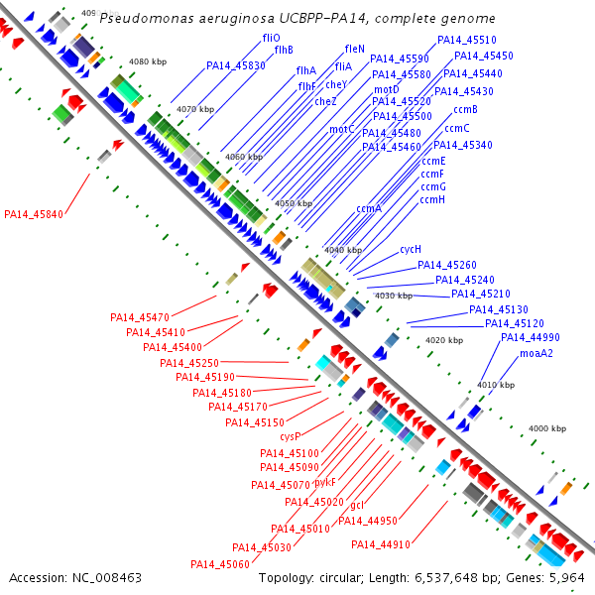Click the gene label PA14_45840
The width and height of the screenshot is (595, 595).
(x=34, y=214)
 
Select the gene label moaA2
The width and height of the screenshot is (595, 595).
(x=536, y=353)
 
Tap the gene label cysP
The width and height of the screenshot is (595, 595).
(x=291, y=436)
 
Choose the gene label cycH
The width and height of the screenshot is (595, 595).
(x=411, y=249)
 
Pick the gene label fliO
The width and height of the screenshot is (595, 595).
(x=271, y=37)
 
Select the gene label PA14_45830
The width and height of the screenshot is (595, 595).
(x=236, y=65)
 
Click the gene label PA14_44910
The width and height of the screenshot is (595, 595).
(x=381, y=544)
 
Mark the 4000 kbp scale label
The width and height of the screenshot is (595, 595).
(x=546, y=428)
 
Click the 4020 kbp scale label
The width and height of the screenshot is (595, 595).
(x=444, y=340)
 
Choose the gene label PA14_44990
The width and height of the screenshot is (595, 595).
(x=531, y=338)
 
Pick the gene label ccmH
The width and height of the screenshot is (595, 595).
(x=432, y=199)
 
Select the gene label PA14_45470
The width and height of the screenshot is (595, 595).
(x=140, y=317)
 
